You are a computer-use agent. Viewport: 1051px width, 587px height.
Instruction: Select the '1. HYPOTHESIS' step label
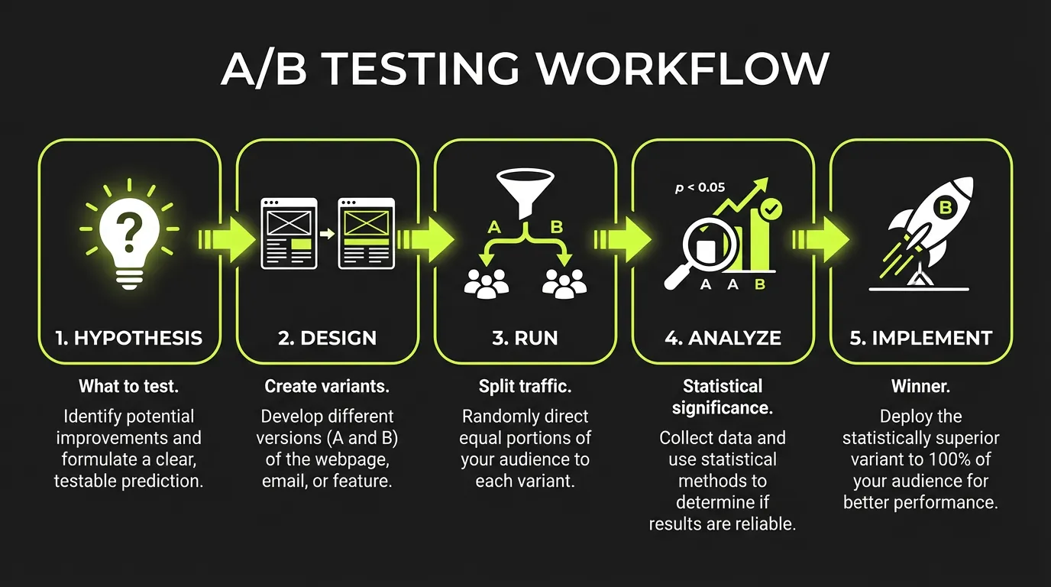[129, 338]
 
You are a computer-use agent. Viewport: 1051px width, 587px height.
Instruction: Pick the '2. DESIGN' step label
[327, 338]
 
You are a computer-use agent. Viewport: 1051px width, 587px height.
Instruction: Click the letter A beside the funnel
[493, 226]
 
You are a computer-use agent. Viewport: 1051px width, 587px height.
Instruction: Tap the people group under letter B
[564, 283]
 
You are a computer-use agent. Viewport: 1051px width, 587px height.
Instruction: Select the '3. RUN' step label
[525, 338]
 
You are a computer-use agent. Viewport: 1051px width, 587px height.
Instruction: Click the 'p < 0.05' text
[700, 187]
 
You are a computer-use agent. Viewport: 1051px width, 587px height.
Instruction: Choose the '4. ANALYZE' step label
[723, 338]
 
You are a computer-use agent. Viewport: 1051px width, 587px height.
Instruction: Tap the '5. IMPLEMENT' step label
[921, 338]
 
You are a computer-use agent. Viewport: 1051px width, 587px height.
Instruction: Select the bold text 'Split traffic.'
[525, 387]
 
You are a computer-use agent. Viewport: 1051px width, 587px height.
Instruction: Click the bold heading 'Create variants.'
[327, 387]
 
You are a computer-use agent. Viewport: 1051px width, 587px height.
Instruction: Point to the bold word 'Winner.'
[920, 387]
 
